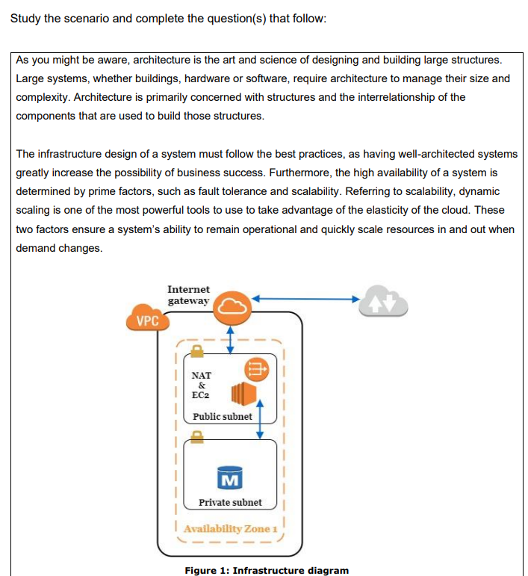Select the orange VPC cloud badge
pos(149,321)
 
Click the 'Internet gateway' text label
pos(188,294)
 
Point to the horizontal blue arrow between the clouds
pos(306,299)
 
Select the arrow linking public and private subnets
pos(260,419)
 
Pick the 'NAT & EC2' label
pos(201,385)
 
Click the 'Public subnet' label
pos(222,416)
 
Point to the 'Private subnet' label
pos(230,503)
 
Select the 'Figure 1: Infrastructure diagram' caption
pos(267,570)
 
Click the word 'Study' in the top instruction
pos(25,18)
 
